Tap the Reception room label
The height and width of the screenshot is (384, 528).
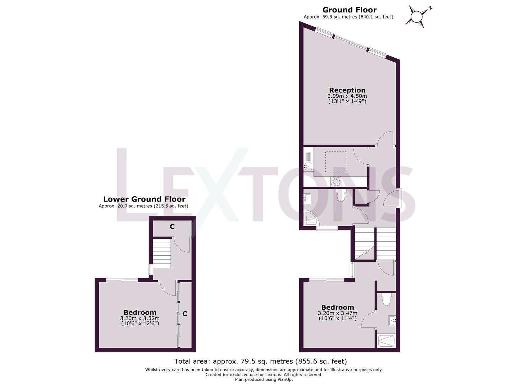pyautogui.click(x=347, y=90)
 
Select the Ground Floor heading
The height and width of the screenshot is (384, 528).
pyautogui.click(x=349, y=10)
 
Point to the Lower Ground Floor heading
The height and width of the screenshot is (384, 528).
pyautogui.click(x=144, y=199)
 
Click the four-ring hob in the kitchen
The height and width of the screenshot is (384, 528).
pyautogui.click(x=336, y=181)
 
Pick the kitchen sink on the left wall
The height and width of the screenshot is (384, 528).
pyautogui.click(x=308, y=166)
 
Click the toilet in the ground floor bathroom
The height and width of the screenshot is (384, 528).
pyautogui.click(x=341, y=195)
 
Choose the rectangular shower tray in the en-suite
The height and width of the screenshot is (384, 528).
pyautogui.click(x=386, y=341)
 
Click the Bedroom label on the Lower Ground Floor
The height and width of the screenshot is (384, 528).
pyautogui.click(x=140, y=313)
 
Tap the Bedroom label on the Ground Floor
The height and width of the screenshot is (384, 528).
pyautogui.click(x=337, y=307)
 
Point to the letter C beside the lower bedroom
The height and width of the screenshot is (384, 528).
pyautogui.click(x=185, y=314)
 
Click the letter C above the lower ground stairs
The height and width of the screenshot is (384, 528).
pyautogui.click(x=172, y=226)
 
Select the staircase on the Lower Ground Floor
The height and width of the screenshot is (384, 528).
pyautogui.click(x=162, y=253)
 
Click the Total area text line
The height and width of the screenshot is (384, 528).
pyautogui.click(x=260, y=361)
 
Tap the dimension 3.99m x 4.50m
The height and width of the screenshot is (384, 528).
pyautogui.click(x=347, y=96)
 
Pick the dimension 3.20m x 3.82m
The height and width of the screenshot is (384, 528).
pyautogui.click(x=140, y=318)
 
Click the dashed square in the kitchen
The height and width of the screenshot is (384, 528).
pyautogui.click(x=335, y=162)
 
